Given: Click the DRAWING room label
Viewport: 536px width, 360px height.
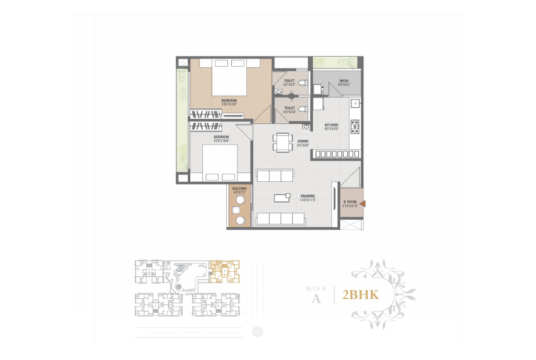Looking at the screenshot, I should pyautogui.click(x=307, y=197).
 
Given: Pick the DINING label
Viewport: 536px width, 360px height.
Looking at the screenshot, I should pyautogui.click(x=303, y=142).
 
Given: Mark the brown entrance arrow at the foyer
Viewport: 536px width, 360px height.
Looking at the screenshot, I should pyautogui.click(x=362, y=203).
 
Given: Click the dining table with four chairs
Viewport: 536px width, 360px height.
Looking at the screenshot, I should pyautogui.click(x=282, y=142).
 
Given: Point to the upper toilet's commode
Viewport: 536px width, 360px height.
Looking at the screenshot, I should pyautogui.click(x=303, y=83).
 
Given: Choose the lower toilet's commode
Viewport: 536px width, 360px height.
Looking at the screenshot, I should pyautogui.click(x=303, y=110).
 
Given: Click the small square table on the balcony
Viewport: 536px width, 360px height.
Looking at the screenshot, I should pyautogui.click(x=239, y=210).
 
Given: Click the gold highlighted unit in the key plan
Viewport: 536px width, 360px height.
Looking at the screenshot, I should pyautogui.click(x=224, y=270).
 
